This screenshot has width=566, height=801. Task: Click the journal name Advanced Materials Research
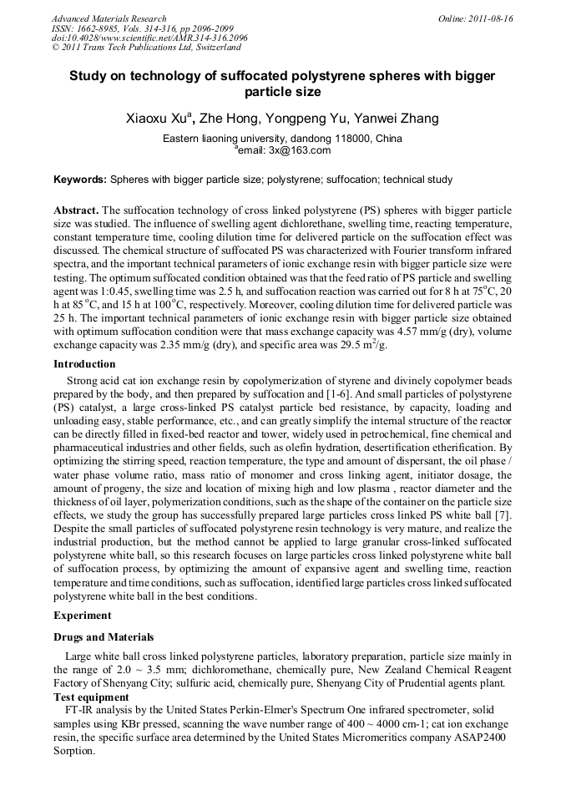click(x=109, y=18)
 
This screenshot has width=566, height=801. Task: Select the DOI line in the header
click(x=149, y=38)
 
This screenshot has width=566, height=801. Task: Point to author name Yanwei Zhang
click(x=399, y=119)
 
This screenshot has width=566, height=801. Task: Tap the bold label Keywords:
click(x=80, y=180)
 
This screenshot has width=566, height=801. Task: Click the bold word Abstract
click(x=77, y=210)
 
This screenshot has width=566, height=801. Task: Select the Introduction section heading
click(x=84, y=364)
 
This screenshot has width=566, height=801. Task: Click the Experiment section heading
click(x=82, y=616)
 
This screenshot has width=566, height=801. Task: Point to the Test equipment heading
click(x=91, y=697)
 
